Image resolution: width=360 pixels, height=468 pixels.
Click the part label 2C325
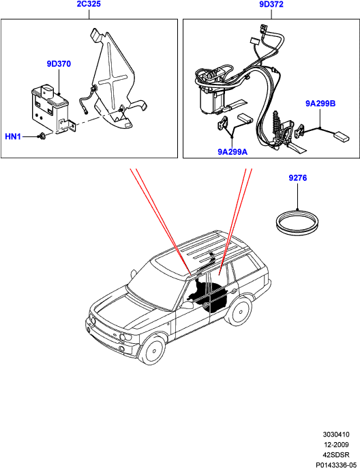(x=89, y=4)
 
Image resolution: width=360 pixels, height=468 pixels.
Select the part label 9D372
(x=271, y=4)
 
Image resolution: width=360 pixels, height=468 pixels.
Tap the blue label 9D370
(x=59, y=63)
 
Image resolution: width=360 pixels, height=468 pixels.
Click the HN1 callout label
(x=13, y=136)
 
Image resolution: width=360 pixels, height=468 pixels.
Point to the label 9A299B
(x=320, y=103)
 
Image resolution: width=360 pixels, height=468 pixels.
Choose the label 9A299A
(x=232, y=151)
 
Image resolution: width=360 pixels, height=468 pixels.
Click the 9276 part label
(x=298, y=178)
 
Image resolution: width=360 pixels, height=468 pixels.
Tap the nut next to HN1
(x=42, y=136)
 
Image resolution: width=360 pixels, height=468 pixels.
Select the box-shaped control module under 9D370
(x=50, y=108)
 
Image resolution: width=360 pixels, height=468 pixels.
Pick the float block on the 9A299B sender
(x=341, y=136)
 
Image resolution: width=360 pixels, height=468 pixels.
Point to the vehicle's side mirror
(x=186, y=306)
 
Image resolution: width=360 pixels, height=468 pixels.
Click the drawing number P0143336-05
(x=336, y=465)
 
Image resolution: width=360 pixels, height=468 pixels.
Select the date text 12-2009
(x=336, y=445)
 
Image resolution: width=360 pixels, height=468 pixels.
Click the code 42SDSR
(x=336, y=454)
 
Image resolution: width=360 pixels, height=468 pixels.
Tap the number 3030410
(x=336, y=435)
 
